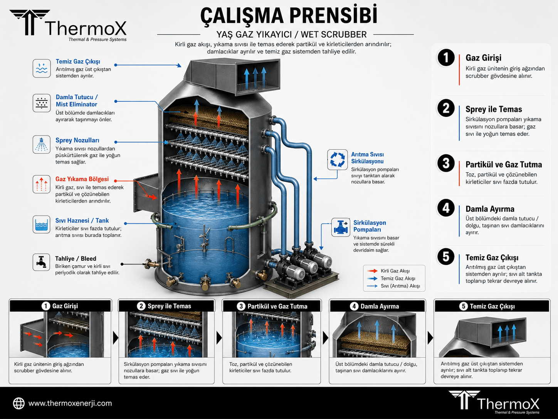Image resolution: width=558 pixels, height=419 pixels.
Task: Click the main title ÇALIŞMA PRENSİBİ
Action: pyautogui.click(x=289, y=16)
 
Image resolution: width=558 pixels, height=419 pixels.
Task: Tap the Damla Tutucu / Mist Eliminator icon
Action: pyautogui.click(x=42, y=103)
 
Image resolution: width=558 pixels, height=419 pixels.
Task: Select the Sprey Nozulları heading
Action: pyautogui.click(x=77, y=140)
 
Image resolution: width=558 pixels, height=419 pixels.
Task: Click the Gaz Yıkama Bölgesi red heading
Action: pyautogui.click(x=82, y=179)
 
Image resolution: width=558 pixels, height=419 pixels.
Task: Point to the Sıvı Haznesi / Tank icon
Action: pyautogui.click(x=41, y=225)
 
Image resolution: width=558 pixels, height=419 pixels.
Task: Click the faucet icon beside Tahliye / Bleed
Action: pyautogui.click(x=41, y=262)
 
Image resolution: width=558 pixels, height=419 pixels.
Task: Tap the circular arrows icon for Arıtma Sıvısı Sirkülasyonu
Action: pyautogui.click(x=337, y=160)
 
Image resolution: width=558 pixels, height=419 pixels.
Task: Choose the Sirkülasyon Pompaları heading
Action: pyautogui.click(x=370, y=226)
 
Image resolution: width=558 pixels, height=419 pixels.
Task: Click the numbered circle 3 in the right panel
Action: pyautogui.click(x=446, y=163)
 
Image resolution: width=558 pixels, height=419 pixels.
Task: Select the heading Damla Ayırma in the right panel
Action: pyautogui.click(x=490, y=209)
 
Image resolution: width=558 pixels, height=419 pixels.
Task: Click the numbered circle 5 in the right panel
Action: pyautogui.click(x=446, y=257)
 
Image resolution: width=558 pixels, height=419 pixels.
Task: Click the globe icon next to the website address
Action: pyautogui.click(x=19, y=403)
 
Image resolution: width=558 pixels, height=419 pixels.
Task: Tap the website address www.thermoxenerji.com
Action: pyautogui.click(x=70, y=403)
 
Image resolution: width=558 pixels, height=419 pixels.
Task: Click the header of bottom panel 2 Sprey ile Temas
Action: pyautogui.click(x=166, y=306)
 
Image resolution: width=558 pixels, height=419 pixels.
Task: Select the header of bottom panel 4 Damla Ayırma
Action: pyautogui.click(x=377, y=306)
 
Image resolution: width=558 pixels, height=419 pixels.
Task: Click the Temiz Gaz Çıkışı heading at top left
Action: pyautogui.click(x=78, y=62)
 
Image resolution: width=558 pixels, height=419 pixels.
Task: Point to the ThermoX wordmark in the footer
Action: pyautogui.click(x=508, y=404)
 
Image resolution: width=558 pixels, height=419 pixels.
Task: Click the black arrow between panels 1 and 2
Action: pyautogui.click(x=116, y=338)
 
